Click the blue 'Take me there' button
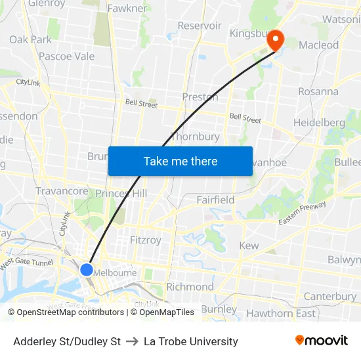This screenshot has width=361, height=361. pyautogui.click(x=180, y=161)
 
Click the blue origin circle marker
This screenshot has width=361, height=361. pyautogui.click(x=87, y=269)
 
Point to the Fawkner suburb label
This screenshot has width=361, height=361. pyautogui.click(x=127, y=9)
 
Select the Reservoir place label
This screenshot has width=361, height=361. pyautogui.click(x=200, y=26)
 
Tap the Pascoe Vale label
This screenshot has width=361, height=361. pyautogui.click(x=66, y=56)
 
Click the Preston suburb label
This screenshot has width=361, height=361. pyautogui.click(x=200, y=97)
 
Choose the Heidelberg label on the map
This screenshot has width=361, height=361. pyautogui.click(x=319, y=123)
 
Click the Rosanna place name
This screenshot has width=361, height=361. pyautogui.click(x=318, y=91)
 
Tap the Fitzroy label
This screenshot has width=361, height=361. pyautogui.click(x=146, y=240)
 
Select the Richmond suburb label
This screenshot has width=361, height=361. pyautogui.click(x=190, y=287)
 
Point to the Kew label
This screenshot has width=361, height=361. pyautogui.click(x=249, y=245)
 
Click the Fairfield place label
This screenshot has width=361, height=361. pyautogui.click(x=215, y=200)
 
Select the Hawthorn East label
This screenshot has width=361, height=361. pyautogui.click(x=281, y=313)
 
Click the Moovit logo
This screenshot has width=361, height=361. pyautogui.click(x=322, y=341)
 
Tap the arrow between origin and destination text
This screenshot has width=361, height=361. pyautogui.click(x=132, y=341)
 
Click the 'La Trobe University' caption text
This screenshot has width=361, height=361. pyautogui.click(x=191, y=341)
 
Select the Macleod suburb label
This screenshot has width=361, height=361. pyautogui.click(x=319, y=45)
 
